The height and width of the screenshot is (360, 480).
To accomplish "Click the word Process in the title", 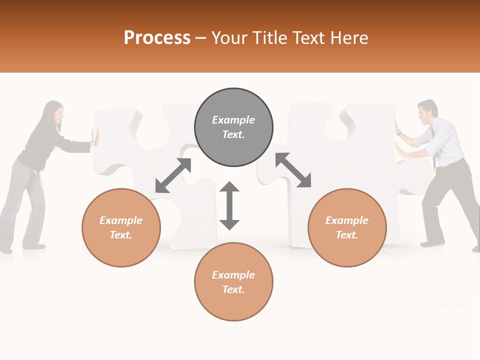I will point(157,38).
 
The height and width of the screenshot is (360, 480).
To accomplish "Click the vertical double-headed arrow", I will point(229,205).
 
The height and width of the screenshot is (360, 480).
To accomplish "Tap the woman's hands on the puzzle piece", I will point(95,137).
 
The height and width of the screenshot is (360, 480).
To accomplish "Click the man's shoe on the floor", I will point(431,243).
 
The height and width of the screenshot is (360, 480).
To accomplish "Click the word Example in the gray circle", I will point(233,120).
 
